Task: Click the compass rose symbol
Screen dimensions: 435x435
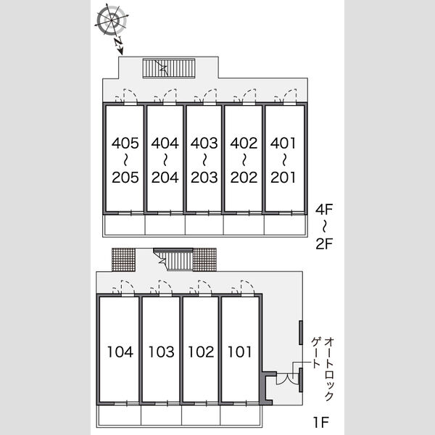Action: tap(111, 20)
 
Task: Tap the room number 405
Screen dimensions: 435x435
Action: tap(125, 143)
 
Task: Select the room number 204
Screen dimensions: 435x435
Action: tap(165, 178)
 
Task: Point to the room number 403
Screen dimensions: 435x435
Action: tap(204, 143)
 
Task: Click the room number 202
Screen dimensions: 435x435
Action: tap(244, 178)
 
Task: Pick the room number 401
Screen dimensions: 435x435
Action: tap(283, 143)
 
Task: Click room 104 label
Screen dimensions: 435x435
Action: tap(120, 352)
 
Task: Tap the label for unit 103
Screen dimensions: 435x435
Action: tap(161, 352)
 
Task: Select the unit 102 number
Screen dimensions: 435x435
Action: tap(201, 352)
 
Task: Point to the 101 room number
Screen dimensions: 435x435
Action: tap(239, 352)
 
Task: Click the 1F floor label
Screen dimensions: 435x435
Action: tap(321, 422)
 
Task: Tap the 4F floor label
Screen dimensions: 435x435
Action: tap(324, 210)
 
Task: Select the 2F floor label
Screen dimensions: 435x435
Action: tap(324, 244)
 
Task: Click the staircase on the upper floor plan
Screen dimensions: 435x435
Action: tap(169, 68)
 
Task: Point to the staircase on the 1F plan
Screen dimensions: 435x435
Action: tap(173, 259)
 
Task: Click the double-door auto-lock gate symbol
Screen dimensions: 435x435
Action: tap(288, 379)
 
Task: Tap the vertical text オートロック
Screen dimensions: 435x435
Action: tap(329, 369)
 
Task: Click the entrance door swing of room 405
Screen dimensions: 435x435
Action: tap(130, 96)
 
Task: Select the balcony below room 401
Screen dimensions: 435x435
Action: tap(285, 225)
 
